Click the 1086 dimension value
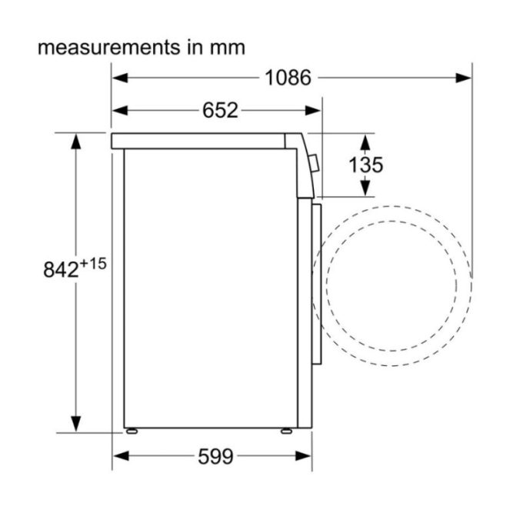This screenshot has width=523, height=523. tap(288, 78)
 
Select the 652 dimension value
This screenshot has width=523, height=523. tap(221, 111)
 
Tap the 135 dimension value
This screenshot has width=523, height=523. tap(365, 165)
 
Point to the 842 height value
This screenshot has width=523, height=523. tap(62, 270)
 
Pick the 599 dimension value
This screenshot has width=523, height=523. tap(215, 457)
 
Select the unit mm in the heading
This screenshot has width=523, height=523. tap(227, 47)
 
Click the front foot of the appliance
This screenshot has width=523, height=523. tap(286, 431)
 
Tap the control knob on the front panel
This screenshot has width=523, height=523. tap(313, 162)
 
